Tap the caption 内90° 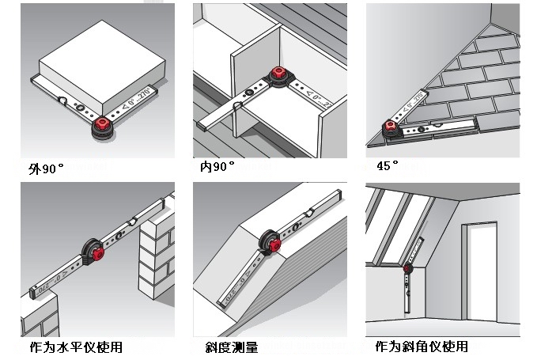click(x=217, y=168)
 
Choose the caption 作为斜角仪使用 click(x=422, y=347)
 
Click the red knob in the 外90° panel click(x=103, y=124)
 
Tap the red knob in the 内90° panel click(x=278, y=74)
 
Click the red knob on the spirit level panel click(x=96, y=253)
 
